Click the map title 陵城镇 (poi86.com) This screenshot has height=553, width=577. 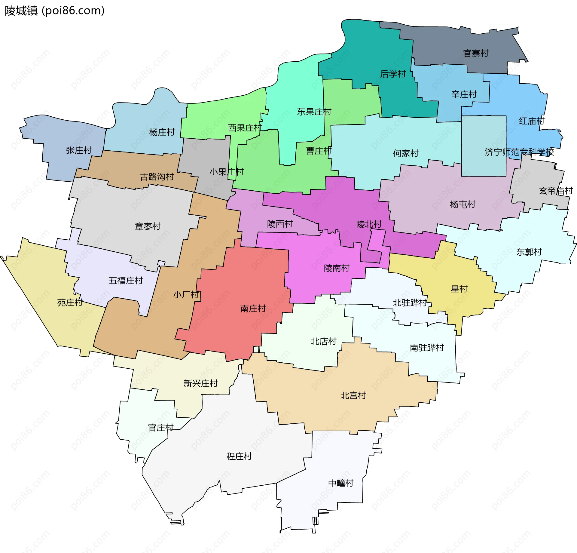[55, 11]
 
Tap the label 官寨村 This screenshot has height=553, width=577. [476, 54]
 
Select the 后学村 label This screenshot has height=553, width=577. [393, 74]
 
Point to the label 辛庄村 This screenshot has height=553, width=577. [464, 94]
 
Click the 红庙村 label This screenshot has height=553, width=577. [531, 121]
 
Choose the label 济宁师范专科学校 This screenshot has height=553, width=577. [519, 152]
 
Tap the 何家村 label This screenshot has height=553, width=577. [406, 153]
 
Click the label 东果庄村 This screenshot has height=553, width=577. [314, 112]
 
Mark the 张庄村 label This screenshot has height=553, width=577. [79, 150]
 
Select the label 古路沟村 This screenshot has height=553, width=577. [157, 177]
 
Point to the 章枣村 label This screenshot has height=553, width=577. [148, 226]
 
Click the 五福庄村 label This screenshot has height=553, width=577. [126, 281]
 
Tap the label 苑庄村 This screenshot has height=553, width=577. [70, 303]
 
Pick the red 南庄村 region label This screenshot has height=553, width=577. [253, 309]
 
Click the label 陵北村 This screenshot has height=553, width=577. [369, 224]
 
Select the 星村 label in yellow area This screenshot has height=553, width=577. [459, 289]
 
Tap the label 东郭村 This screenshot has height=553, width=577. [529, 252]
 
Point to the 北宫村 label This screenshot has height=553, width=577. [353, 395]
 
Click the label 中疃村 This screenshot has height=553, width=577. [340, 483]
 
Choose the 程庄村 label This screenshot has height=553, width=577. [239, 456]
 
